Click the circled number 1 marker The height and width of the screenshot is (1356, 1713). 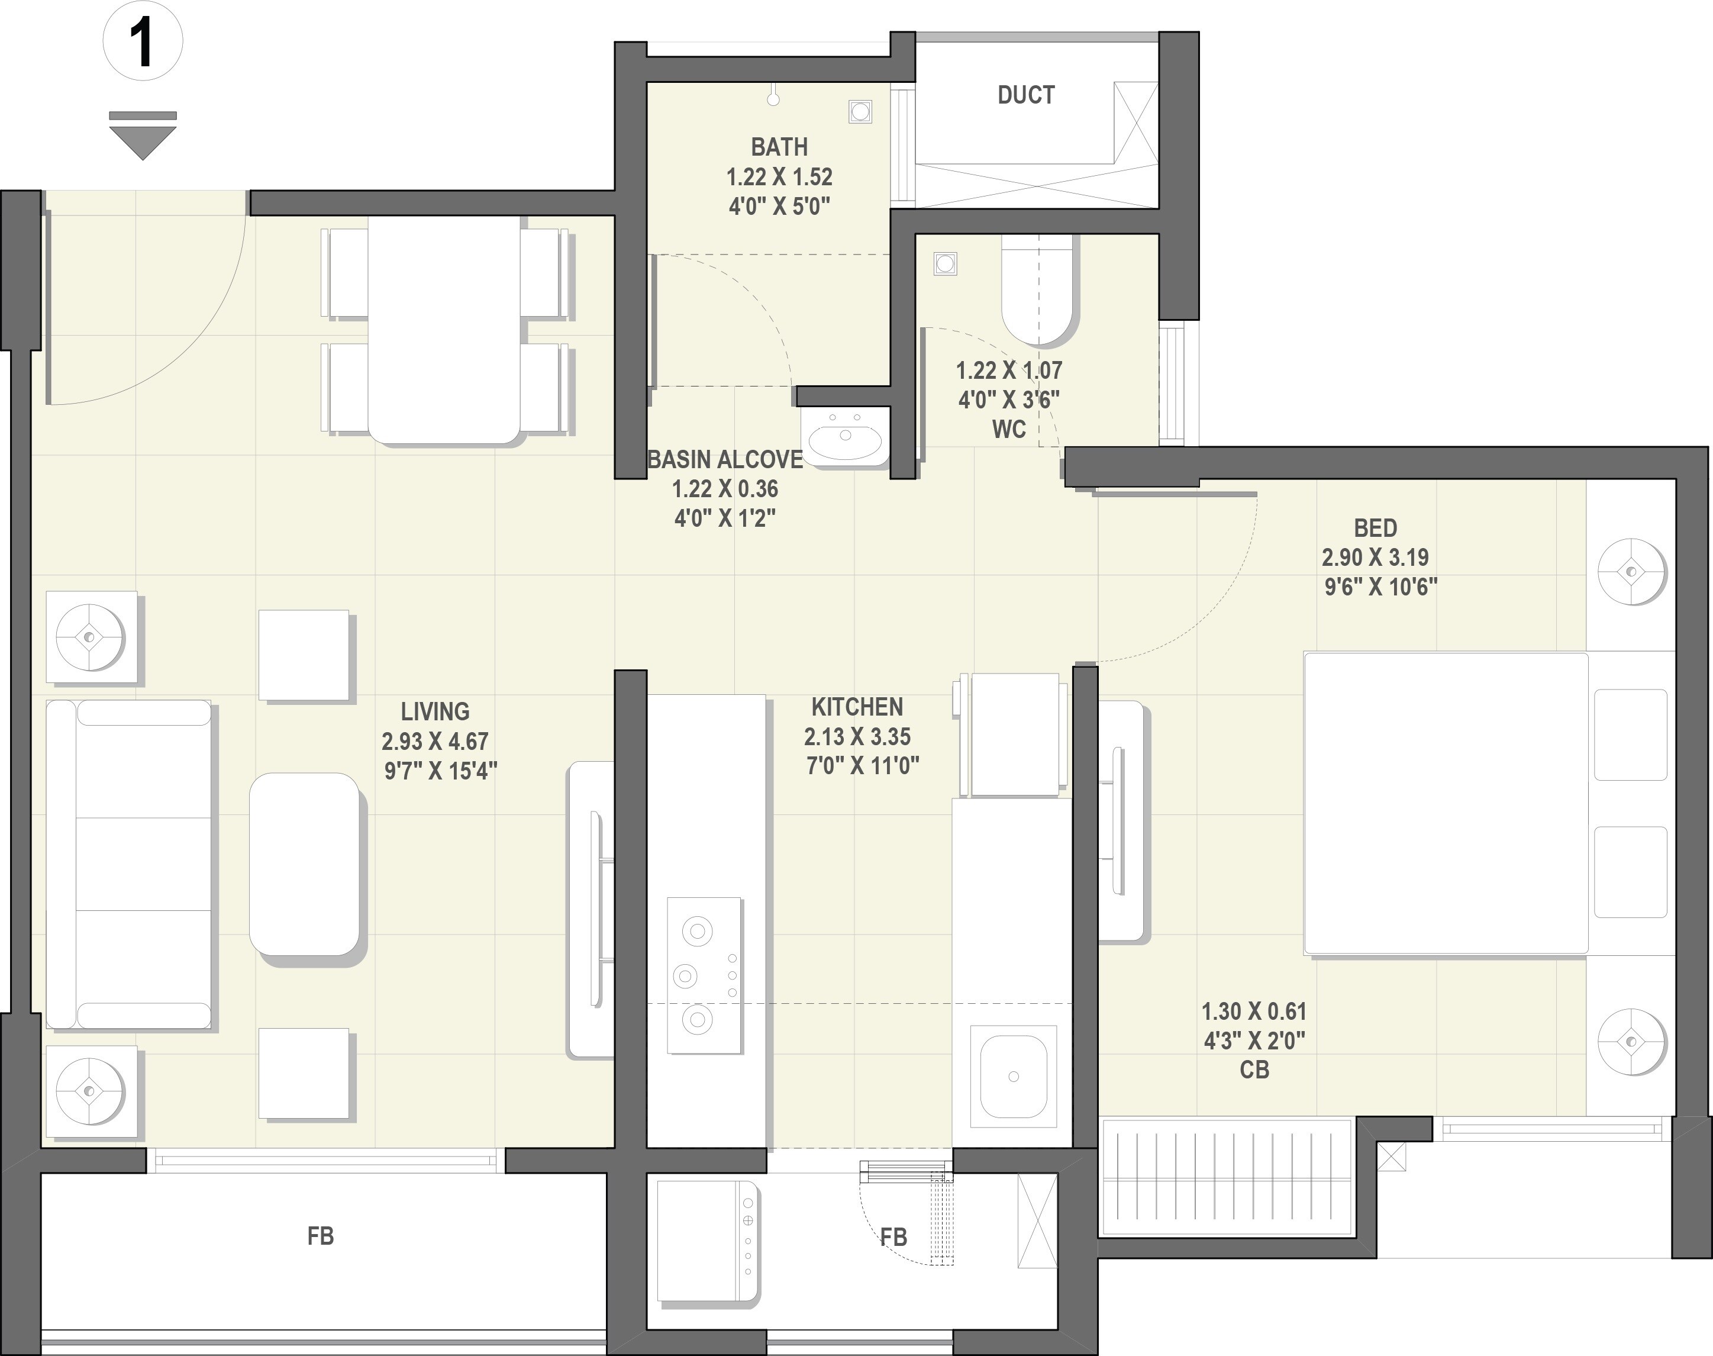[x=143, y=41]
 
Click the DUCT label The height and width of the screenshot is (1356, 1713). [x=1025, y=95]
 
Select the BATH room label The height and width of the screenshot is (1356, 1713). [x=779, y=147]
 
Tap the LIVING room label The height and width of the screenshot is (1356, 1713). [x=435, y=711]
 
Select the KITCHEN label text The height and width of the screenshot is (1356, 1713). [x=857, y=707]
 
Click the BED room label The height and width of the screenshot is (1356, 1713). [x=1376, y=528]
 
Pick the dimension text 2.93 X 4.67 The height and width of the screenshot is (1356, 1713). [x=435, y=742]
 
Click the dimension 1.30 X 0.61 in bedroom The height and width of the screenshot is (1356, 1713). [x=1254, y=1012]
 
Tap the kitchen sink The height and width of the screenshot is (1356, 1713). [x=1013, y=1077]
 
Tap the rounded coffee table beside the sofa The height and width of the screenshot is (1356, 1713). [x=305, y=865]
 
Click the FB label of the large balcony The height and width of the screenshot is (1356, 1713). [x=321, y=1236]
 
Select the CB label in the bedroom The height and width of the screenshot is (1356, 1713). [x=1254, y=1070]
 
